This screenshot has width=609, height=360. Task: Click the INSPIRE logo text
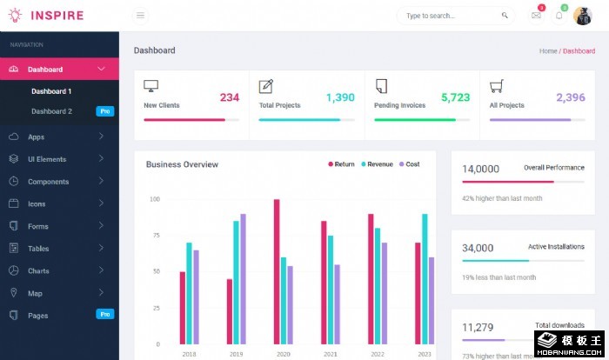click(57, 15)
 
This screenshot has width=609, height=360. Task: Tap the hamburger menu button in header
click(141, 15)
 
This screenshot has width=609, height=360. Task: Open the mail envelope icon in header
click(536, 16)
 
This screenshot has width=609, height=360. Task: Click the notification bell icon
click(559, 16)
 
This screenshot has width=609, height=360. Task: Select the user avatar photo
click(582, 16)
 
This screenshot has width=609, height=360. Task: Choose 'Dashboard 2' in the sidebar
click(51, 111)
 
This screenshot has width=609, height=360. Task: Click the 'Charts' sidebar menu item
click(38, 270)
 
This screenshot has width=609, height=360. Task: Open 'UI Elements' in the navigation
click(47, 159)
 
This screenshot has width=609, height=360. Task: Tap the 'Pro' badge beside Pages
click(104, 314)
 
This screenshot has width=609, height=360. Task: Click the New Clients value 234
click(229, 97)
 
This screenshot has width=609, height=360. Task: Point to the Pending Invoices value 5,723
click(455, 97)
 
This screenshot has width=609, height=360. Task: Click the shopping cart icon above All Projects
click(496, 85)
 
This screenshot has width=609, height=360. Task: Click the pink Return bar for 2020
click(277, 272)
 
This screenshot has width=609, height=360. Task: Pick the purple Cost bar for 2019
click(244, 279)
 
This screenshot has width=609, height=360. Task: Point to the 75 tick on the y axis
click(155, 235)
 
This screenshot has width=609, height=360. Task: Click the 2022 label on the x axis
click(378, 354)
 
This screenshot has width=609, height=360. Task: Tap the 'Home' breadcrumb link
click(548, 51)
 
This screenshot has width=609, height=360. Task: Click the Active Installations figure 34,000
click(478, 248)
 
